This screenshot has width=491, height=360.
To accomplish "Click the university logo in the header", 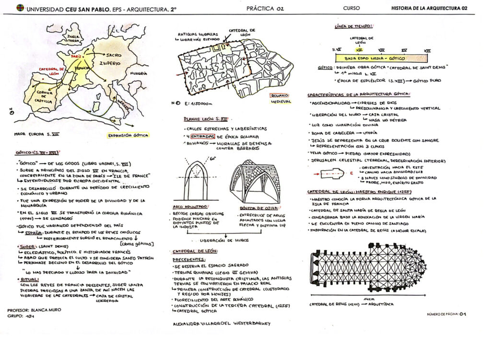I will [20, 8].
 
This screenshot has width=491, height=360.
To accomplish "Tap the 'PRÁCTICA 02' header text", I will [265, 8].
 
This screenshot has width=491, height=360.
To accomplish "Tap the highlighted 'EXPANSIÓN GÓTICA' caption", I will [128, 136].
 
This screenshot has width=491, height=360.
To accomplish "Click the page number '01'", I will [463, 314].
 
